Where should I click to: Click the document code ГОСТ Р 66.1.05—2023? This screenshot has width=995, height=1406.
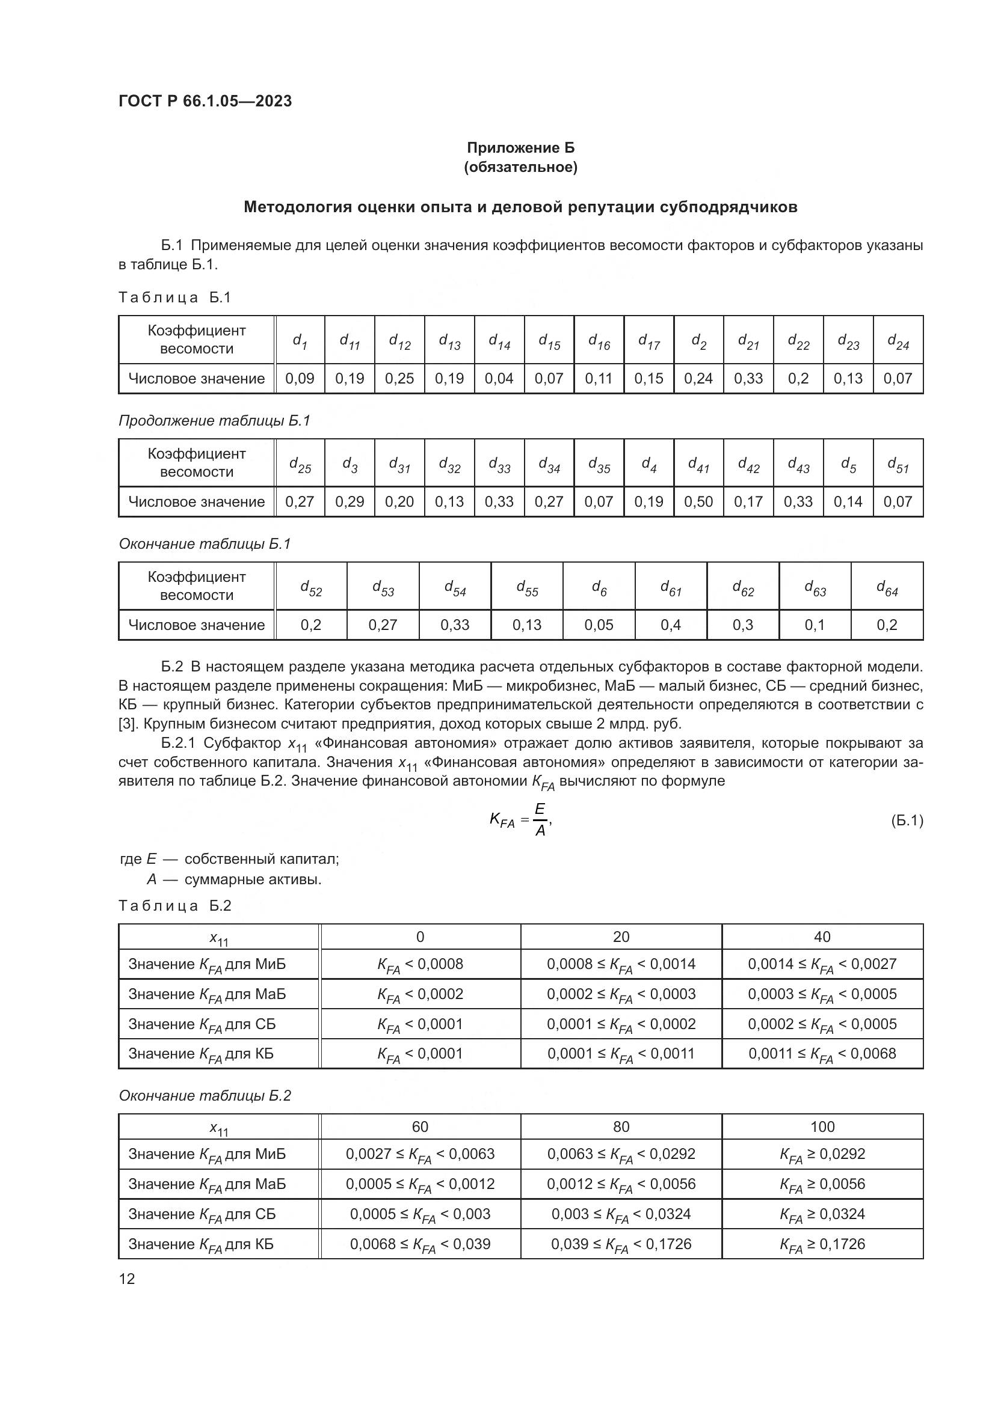point(205,101)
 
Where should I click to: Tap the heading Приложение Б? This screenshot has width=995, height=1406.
point(521,148)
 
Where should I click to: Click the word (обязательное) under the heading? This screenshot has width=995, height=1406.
point(521,167)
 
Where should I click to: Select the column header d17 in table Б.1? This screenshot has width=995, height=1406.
point(649,340)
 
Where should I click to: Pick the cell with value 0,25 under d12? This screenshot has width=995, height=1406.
point(399,379)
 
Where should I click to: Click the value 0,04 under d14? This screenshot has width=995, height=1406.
point(499,379)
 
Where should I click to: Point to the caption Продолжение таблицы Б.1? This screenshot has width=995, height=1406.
point(214,421)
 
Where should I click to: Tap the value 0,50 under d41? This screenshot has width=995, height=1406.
point(698,501)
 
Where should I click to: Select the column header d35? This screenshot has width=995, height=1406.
point(599,464)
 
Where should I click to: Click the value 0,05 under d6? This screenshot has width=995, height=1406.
point(599,625)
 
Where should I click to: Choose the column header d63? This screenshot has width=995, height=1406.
point(815,587)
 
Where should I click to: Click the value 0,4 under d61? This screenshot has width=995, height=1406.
point(671,625)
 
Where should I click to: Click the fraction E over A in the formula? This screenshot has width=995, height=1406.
point(540,821)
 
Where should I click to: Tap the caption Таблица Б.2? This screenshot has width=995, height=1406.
point(174,906)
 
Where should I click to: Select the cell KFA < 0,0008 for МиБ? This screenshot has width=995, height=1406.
point(420,964)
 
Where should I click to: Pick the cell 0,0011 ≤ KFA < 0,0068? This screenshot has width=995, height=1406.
point(822,1054)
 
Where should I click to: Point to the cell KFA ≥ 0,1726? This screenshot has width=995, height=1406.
point(822,1244)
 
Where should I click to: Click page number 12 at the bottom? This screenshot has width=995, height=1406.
point(127,1279)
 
